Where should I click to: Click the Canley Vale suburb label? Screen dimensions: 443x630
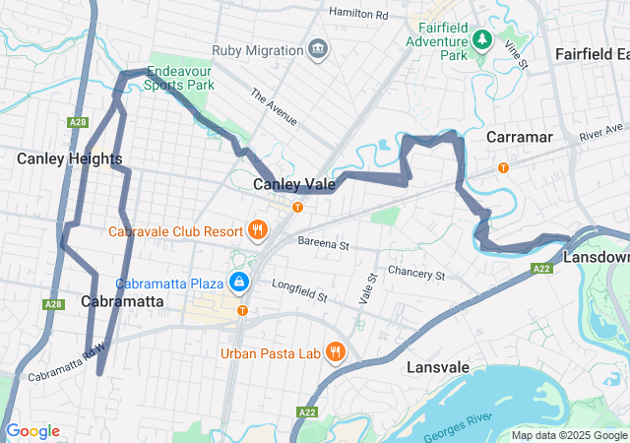pos(294,184)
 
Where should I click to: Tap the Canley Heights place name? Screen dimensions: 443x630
pos(69,158)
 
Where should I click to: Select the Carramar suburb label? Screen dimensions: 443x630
pos(520,137)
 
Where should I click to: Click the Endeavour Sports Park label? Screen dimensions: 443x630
pos(180,79)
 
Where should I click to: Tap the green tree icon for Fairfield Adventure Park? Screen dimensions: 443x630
pos(481,39)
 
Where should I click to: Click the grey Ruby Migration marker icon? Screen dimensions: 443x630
pos(318,49)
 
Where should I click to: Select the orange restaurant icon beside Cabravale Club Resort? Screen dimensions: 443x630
pos(257,231)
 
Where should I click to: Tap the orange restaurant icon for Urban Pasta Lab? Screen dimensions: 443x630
pos(336,351)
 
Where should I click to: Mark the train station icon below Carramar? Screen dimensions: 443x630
pos(503,167)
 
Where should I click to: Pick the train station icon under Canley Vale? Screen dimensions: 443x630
pos(296,207)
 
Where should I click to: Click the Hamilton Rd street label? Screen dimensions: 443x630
pos(359,15)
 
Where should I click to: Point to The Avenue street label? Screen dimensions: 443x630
pos(274,108)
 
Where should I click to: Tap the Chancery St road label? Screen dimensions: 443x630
pos(417,272)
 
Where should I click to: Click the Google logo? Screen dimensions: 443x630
pos(32,431)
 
